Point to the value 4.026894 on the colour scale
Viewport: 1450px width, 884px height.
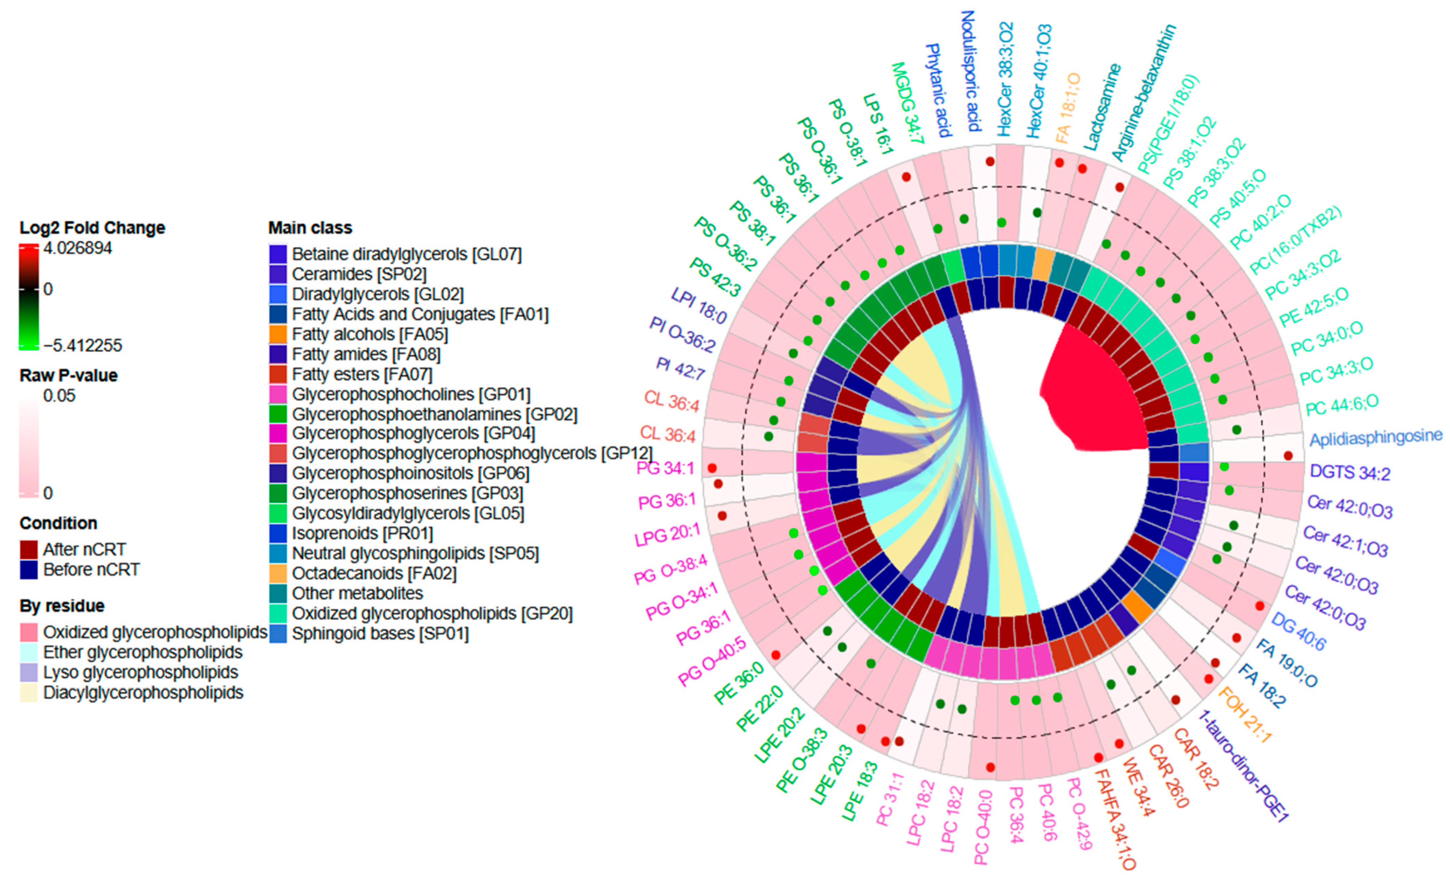coord(77,248)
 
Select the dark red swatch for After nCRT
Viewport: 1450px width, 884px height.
coord(29,550)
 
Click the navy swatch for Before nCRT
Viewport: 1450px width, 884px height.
coord(29,570)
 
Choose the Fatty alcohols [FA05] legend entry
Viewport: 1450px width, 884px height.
coord(369,334)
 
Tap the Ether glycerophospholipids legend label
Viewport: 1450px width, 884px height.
coord(142,652)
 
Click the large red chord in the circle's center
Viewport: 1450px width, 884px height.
coord(1095,394)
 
